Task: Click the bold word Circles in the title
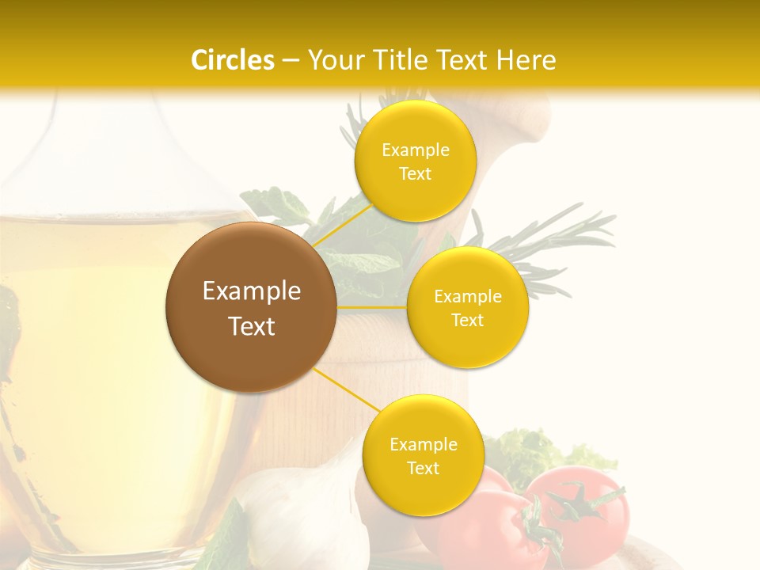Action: [232, 60]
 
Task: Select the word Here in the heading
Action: [526, 60]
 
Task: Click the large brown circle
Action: [251, 307]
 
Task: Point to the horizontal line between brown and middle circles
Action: [372, 306]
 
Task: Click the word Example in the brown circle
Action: [251, 291]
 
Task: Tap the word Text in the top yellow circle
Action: [416, 174]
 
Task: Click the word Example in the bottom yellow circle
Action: [424, 444]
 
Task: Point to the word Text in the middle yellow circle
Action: [468, 321]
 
